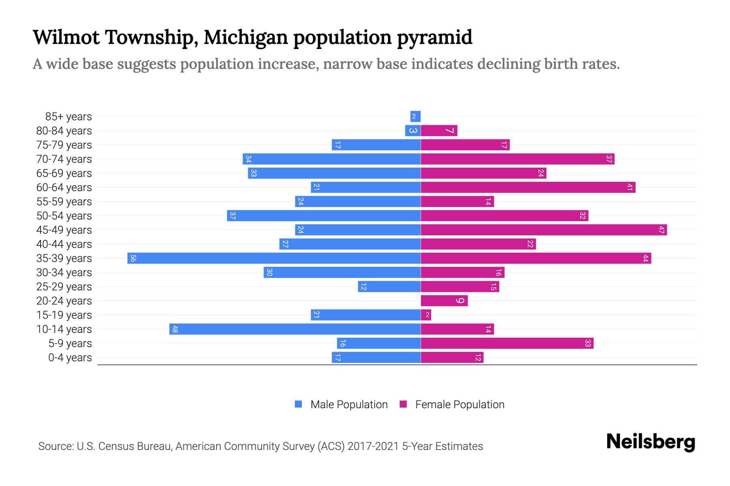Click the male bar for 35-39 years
[x=274, y=258]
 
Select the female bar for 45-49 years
[x=543, y=230]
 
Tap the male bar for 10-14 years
[x=295, y=329]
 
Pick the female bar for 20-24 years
[x=444, y=301]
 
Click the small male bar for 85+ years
[x=415, y=117]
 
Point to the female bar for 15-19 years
[x=426, y=315]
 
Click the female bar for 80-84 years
[x=439, y=131]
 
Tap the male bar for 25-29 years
[x=389, y=287]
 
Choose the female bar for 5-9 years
[x=507, y=343]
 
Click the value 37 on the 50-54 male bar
[x=232, y=216]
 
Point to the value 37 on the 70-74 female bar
[x=609, y=159]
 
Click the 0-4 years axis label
[x=70, y=358]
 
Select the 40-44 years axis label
[x=64, y=244]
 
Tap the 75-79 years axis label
[x=64, y=145]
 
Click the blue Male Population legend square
[x=298, y=404]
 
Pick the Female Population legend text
[x=459, y=405]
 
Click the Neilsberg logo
[x=651, y=442]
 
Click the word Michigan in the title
[x=246, y=37]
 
